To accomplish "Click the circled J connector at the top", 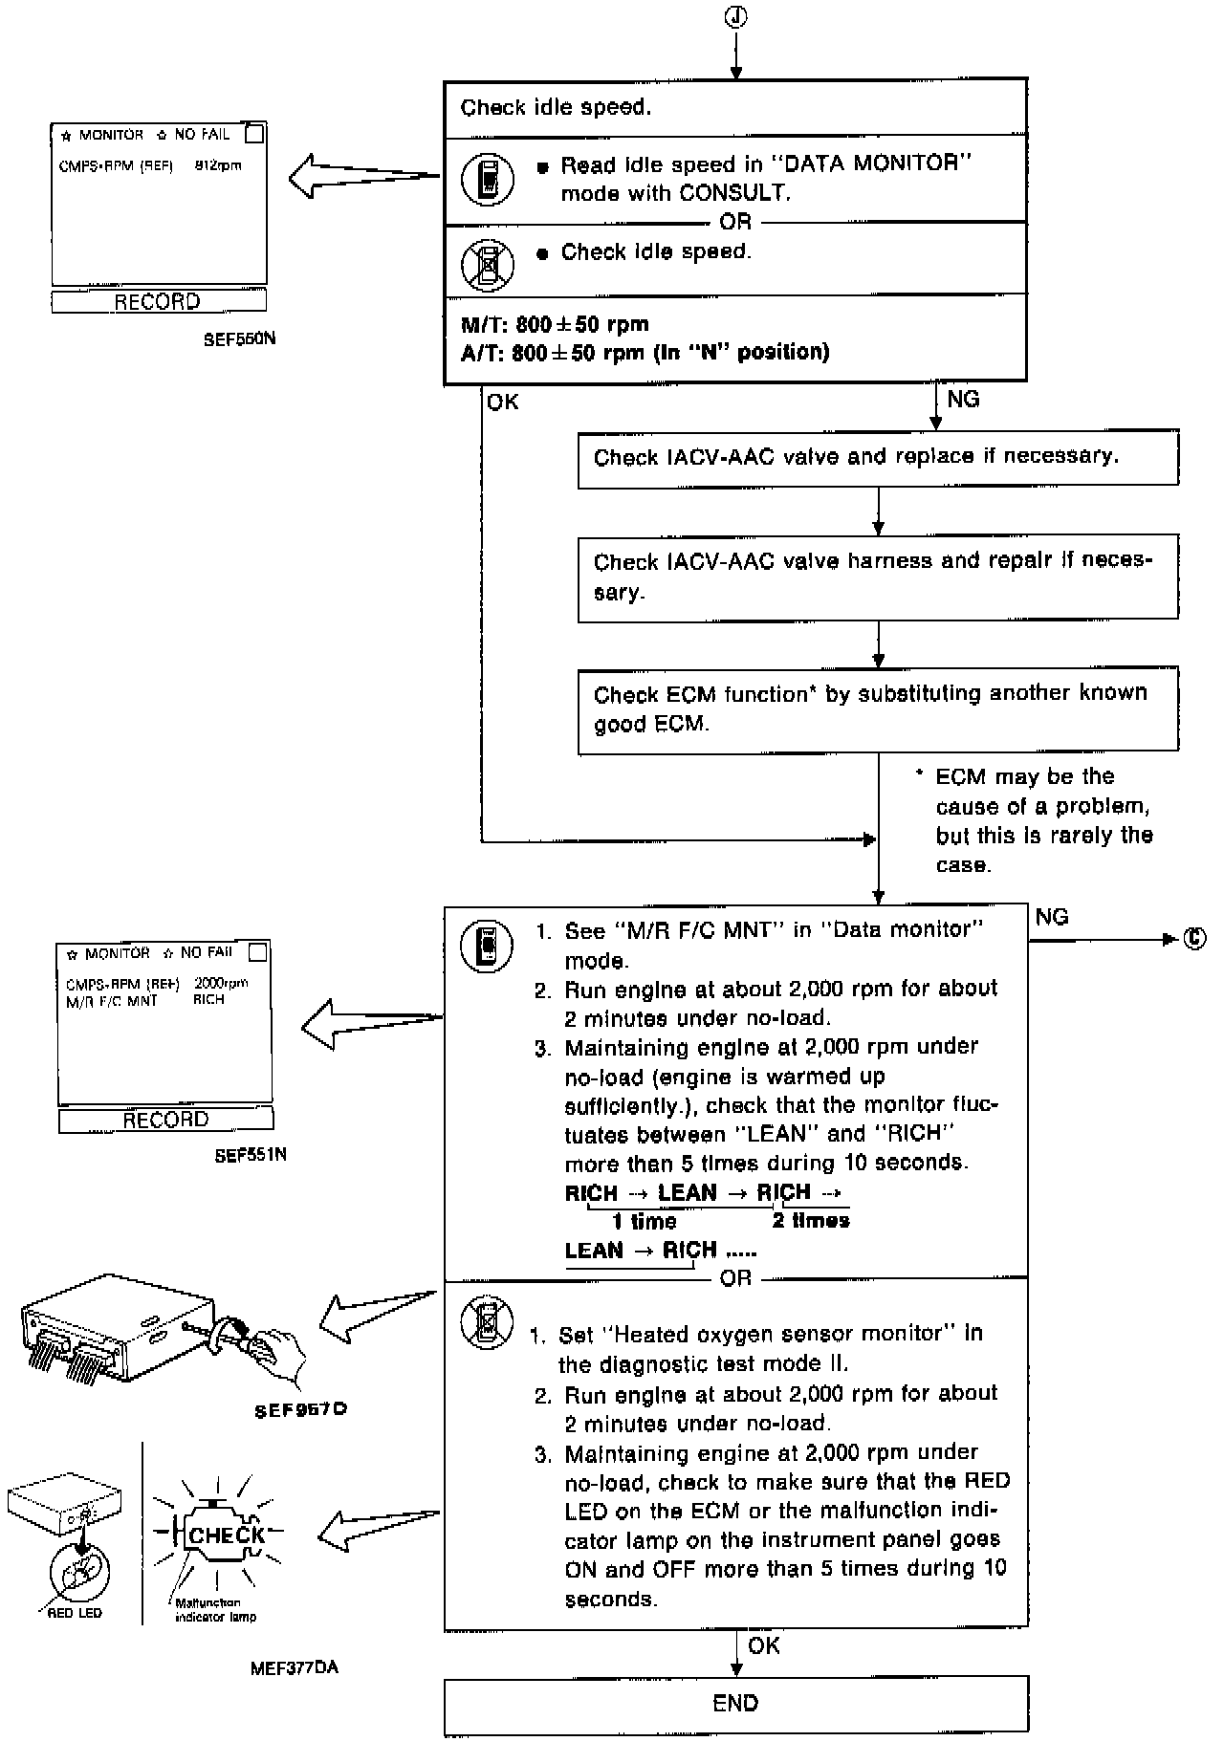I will tap(735, 16).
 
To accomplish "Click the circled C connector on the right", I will tap(1195, 938).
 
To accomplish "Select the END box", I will tap(735, 1703).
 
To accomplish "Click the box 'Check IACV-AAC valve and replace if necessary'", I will tap(877, 458).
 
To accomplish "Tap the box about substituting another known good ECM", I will tap(877, 708).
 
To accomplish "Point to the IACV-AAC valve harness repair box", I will tap(877, 577).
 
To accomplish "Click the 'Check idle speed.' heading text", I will tap(556, 107).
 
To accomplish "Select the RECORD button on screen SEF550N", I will tap(158, 302).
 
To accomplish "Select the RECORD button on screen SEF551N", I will tap(165, 1120).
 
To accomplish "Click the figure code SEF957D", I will tap(299, 1410).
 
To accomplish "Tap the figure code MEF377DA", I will tap(295, 1668).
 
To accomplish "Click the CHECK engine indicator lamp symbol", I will tap(227, 1535).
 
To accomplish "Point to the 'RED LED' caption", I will tap(75, 1613).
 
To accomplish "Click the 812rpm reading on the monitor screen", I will tap(218, 165).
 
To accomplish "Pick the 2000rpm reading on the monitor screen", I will tap(221, 983).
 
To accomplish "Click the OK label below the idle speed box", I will tap(503, 403).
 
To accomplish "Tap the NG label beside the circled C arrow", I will tap(1052, 918).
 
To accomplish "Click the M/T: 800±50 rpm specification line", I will tap(555, 324).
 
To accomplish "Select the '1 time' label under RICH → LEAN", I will tap(644, 1222).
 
